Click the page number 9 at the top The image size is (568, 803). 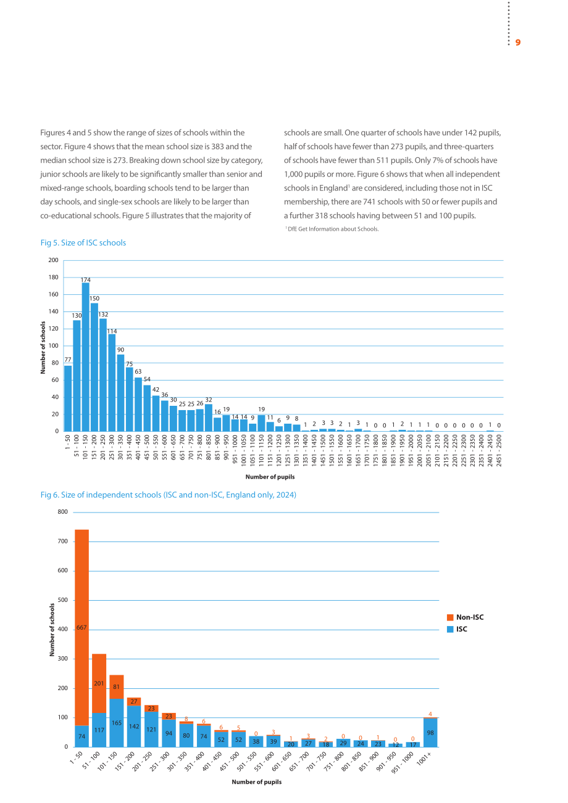pos(518,43)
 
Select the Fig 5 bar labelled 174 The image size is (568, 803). pos(85,356)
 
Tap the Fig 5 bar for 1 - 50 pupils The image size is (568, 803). pos(68,398)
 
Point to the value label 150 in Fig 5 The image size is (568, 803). pos(94,299)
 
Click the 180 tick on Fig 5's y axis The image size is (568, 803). pos(54,277)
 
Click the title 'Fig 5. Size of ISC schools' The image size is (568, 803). pos(83,243)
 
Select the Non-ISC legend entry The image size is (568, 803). pos(466,617)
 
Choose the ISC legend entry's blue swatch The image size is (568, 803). pos(450,629)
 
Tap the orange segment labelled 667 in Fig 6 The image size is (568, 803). pos(82,627)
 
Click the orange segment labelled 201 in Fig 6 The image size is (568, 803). pos(99,683)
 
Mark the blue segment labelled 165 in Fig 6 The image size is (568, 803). pos(117,723)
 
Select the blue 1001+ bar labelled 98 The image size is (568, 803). pos(430,733)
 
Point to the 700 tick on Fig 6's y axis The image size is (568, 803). pos(63,542)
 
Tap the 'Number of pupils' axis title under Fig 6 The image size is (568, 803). pos(257,782)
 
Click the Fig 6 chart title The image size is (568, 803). pos(169,495)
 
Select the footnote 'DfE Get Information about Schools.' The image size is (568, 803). pos(332,229)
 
